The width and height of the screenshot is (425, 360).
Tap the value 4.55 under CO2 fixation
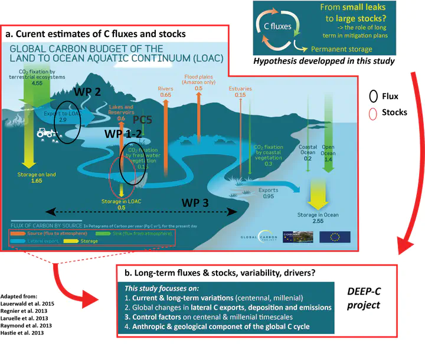(37, 84)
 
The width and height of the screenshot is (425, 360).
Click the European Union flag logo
(335, 236)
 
